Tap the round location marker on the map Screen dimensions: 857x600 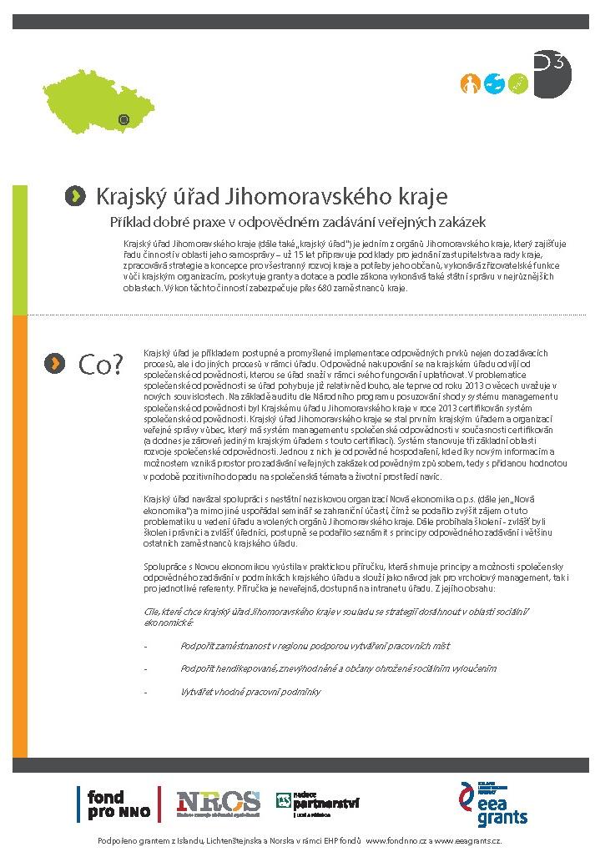pos(124,119)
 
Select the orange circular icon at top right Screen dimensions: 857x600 pos(471,83)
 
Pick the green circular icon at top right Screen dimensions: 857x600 pos(519,83)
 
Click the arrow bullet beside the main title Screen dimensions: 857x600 pos(75,196)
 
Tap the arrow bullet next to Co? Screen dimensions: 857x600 pos(55,362)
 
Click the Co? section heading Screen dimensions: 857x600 pos(101,364)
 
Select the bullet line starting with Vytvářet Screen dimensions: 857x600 pos(250,692)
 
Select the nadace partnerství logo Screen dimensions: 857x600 pos(318,804)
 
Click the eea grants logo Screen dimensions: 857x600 pos(494,804)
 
